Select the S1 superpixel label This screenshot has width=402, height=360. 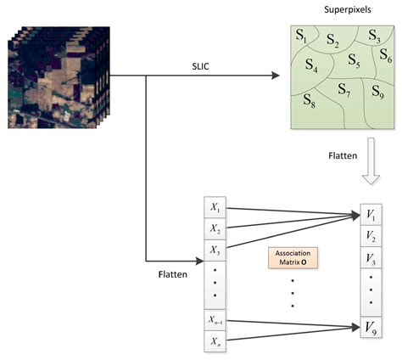tap(302, 36)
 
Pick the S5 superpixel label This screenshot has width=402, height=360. tap(354, 64)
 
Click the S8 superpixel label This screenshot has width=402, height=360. tap(310, 101)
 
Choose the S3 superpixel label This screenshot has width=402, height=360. tap(374, 36)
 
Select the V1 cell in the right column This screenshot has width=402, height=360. tap(371, 214)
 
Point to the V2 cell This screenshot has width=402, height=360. tap(371, 234)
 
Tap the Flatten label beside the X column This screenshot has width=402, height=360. tap(172, 275)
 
